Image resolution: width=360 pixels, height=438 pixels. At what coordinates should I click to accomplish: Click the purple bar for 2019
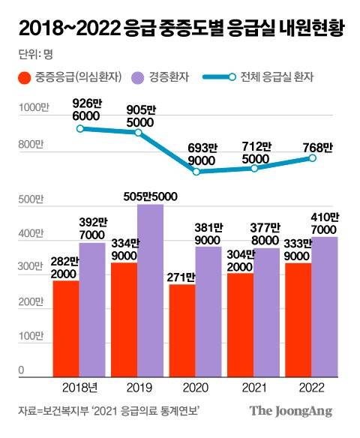tap(150, 289)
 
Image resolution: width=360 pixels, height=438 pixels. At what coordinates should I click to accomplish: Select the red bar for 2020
tap(182, 330)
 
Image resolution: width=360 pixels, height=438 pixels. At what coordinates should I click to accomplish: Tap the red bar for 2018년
tap(65, 328)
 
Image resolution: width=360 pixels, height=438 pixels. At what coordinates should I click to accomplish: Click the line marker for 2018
tap(80, 128)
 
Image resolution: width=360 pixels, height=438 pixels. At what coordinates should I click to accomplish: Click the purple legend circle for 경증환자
tap(137, 77)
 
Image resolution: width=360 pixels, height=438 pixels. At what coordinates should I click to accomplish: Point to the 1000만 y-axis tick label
tap(32, 109)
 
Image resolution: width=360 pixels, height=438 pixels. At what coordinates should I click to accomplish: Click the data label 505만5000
tap(150, 196)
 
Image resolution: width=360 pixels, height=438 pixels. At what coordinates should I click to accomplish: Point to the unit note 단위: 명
tap(34, 55)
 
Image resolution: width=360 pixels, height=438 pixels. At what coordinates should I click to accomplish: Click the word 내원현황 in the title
tap(307, 29)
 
